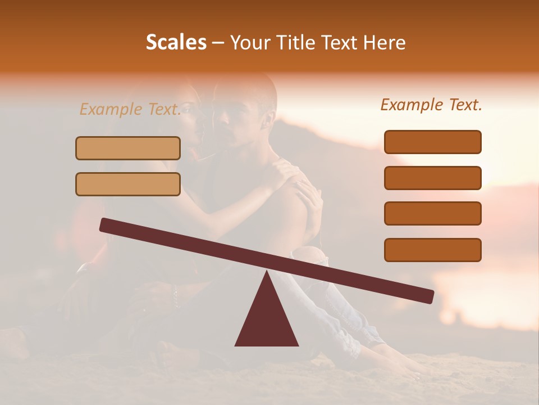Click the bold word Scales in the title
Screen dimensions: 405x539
176,42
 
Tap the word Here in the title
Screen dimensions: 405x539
385,42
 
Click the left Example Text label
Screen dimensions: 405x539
130,109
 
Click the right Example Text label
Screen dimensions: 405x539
431,105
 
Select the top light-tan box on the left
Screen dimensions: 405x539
128,148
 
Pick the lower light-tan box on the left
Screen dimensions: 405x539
128,184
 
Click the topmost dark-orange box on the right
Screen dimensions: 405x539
432,142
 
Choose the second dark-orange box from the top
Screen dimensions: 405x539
432,178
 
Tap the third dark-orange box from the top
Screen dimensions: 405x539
432,213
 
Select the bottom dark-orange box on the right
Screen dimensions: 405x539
432,250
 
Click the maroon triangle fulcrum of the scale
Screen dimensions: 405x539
267,318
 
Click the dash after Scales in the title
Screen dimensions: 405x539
218,43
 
